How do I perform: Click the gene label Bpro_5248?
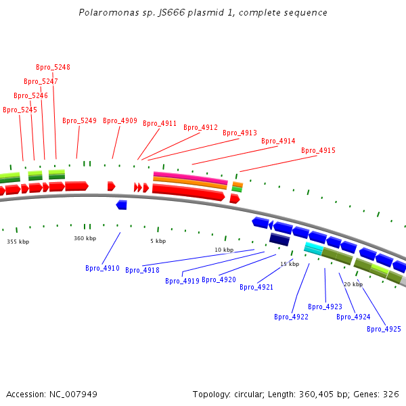coord(53,68)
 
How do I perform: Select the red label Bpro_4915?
coord(318,151)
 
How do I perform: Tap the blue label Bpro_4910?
coord(102,269)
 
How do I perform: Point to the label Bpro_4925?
coord(384,330)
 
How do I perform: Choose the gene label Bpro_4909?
coord(120,121)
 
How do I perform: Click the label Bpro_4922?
coord(291,317)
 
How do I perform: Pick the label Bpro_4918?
coord(142,271)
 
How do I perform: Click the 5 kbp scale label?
coord(158,241)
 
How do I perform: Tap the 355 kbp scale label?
coord(18,242)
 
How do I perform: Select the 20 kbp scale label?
coord(353,285)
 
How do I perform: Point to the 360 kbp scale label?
coord(85,238)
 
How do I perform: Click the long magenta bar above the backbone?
coord(190,177)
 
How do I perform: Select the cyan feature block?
coord(313,248)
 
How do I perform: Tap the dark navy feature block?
coord(279,239)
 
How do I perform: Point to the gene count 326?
coord(392,394)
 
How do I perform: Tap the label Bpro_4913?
coord(240,133)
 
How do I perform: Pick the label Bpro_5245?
coord(20,110)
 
